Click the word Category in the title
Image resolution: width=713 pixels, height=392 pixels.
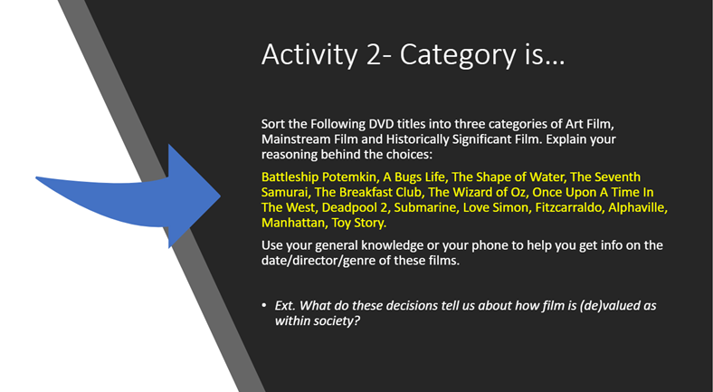tap(458, 55)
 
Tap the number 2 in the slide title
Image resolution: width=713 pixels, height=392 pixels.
tap(375, 54)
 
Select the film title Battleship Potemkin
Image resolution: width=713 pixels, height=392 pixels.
tap(318, 177)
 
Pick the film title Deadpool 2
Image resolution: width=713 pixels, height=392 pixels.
tap(355, 207)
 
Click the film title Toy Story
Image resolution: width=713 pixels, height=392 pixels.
tap(358, 223)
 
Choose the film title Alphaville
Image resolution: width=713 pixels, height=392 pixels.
tap(637, 207)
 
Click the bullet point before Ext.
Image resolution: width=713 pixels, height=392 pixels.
tap(264, 305)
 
